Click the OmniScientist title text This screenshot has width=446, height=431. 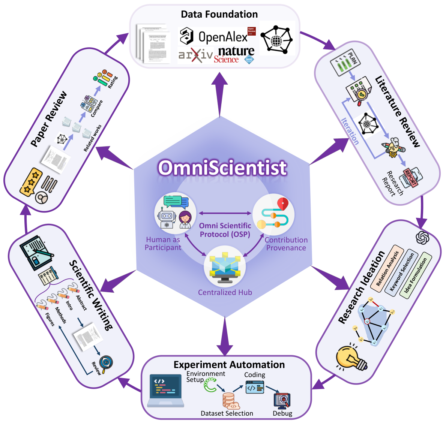click(x=222, y=168)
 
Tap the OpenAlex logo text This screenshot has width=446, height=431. click(x=223, y=37)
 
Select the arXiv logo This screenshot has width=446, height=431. click(x=195, y=55)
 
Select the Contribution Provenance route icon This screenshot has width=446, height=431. click(x=273, y=214)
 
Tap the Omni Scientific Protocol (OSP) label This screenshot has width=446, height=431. click(x=225, y=230)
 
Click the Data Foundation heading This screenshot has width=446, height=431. click(x=219, y=14)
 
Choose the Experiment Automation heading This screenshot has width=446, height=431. click(x=229, y=365)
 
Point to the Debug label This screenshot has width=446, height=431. click(x=282, y=413)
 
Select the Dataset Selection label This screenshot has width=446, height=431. click(x=227, y=413)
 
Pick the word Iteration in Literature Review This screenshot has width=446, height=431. click(x=350, y=131)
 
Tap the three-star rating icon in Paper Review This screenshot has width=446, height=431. click(x=30, y=182)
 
